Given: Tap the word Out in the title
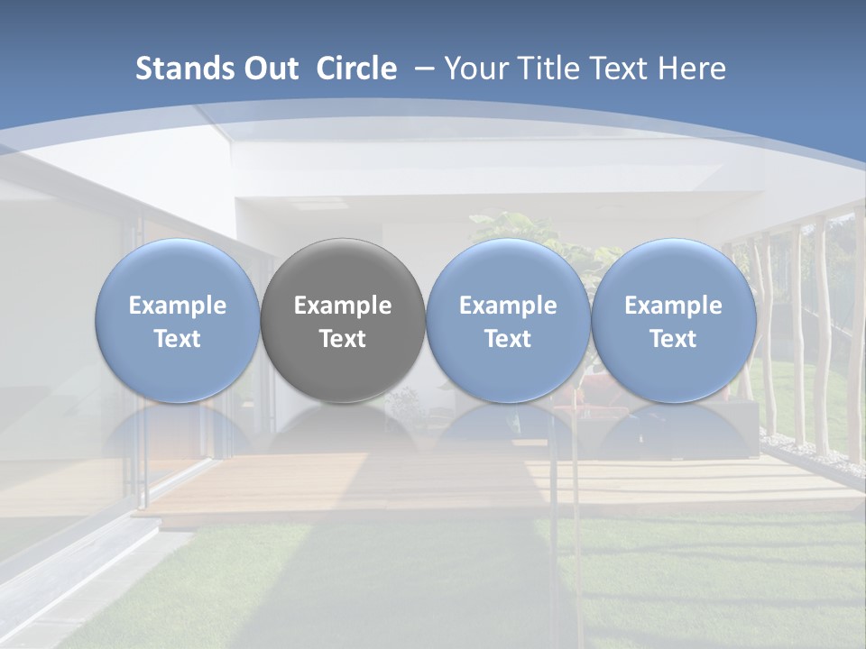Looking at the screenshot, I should [x=268, y=69].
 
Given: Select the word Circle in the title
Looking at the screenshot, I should [x=356, y=69].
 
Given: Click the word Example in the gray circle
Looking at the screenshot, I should [x=343, y=306].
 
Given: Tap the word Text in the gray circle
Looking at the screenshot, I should [x=343, y=339].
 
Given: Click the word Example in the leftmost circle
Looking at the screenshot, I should [x=177, y=306].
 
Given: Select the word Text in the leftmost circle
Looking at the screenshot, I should [x=177, y=339].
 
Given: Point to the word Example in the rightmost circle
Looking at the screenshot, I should [x=674, y=306].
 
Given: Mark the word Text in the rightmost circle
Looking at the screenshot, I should [x=674, y=339].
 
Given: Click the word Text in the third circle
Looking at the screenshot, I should [x=508, y=339].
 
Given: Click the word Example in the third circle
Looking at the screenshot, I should [x=508, y=306].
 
